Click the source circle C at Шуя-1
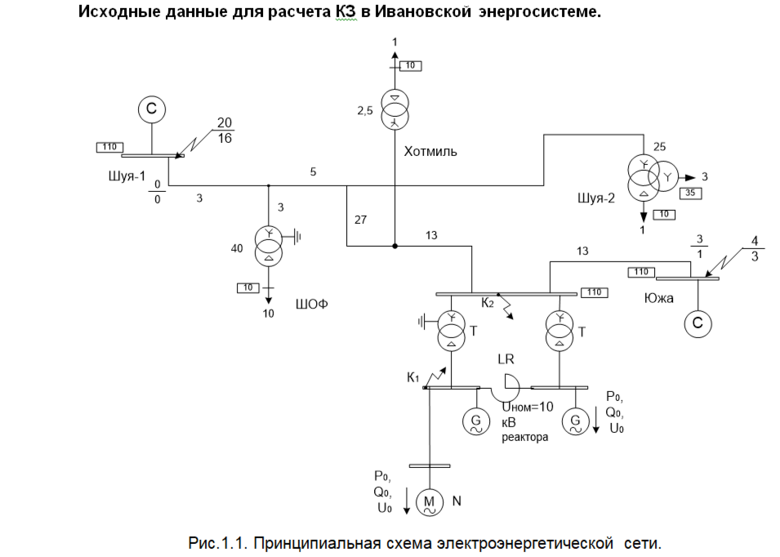click(150, 109)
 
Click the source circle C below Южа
click(698, 324)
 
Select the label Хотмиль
click(430, 151)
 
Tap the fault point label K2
click(488, 303)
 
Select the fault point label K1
click(414, 377)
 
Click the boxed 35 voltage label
click(689, 194)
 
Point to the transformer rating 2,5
click(364, 111)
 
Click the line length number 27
click(362, 220)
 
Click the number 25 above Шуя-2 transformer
click(660, 146)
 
